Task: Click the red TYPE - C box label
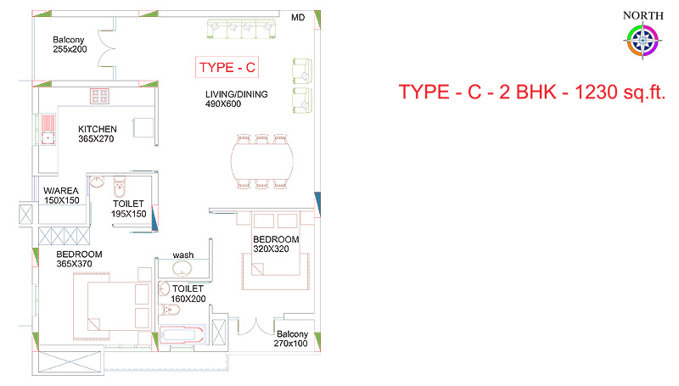click(x=227, y=67)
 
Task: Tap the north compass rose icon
click(x=643, y=41)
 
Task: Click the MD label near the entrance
click(x=298, y=17)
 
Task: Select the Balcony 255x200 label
click(x=70, y=45)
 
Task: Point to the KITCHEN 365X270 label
click(x=97, y=134)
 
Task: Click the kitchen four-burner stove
click(x=99, y=96)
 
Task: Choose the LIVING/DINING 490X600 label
click(x=237, y=98)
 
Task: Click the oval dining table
click(x=262, y=161)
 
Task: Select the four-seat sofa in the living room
click(x=241, y=29)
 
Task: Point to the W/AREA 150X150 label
click(x=61, y=195)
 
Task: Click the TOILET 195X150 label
click(x=129, y=209)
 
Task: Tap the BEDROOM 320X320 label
click(x=276, y=244)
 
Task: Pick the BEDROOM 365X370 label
click(x=79, y=259)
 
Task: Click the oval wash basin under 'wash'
click(x=182, y=269)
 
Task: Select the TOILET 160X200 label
click(x=188, y=294)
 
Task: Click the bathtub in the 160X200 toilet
click(x=182, y=335)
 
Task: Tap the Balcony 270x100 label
click(x=291, y=338)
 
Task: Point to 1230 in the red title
click(x=596, y=92)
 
